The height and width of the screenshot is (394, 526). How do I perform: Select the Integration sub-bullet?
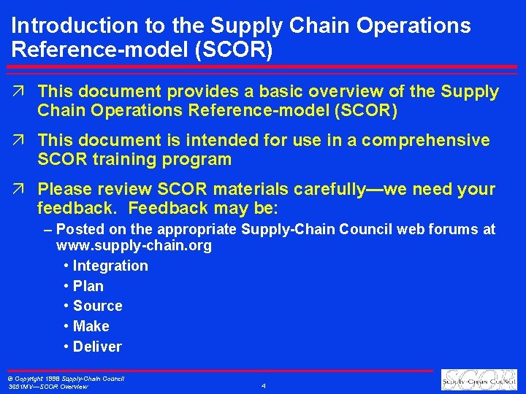tap(110, 266)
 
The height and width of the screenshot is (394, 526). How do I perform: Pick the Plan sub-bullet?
tap(88, 287)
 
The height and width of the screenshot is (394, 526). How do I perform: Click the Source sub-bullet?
tap(98, 306)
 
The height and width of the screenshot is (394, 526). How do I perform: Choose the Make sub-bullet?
tap(91, 327)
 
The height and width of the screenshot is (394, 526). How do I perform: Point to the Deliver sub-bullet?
tap(97, 347)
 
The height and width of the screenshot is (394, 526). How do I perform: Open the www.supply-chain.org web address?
tap(134, 246)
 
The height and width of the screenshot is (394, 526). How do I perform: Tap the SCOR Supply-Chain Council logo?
tap(479, 379)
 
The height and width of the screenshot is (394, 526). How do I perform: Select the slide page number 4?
tap(263, 385)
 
